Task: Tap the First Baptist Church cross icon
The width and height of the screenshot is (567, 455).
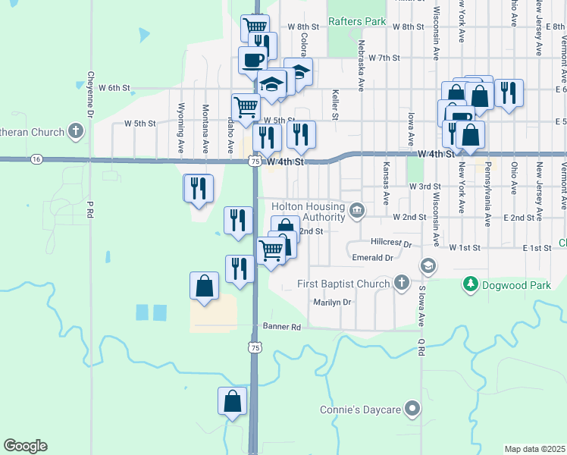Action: point(403,284)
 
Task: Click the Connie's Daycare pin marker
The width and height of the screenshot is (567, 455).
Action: point(412,409)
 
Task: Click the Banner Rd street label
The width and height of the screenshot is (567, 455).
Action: point(282,327)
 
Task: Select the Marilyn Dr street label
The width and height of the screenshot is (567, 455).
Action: point(334,302)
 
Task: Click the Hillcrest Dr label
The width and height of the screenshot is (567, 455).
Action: point(391,244)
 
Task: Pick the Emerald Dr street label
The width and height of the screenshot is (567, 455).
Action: point(373,258)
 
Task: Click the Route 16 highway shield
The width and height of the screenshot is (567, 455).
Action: point(36,159)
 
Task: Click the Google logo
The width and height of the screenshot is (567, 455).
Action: point(26,446)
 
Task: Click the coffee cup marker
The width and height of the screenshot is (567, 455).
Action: point(253,59)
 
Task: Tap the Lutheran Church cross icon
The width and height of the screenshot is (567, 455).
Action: point(75,132)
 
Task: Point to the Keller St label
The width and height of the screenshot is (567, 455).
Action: point(334,105)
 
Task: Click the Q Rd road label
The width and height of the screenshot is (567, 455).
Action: point(420,348)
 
